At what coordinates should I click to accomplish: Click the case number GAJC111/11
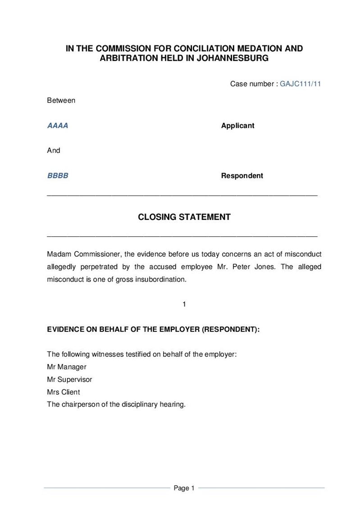coord(300,84)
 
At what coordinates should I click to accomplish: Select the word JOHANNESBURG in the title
coord(232,58)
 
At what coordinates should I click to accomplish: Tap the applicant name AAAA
coord(58,126)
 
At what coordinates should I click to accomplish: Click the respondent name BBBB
coord(58,176)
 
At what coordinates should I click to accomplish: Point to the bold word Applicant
coord(237,126)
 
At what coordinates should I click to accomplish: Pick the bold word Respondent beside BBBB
coord(242,176)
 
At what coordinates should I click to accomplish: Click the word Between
coord(61,100)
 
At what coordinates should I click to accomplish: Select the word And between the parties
coord(54,150)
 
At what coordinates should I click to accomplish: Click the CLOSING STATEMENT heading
coord(184,217)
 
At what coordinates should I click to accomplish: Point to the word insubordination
coord(163,279)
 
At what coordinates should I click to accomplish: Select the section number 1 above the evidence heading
coord(184,304)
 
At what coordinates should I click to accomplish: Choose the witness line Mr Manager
coord(67,367)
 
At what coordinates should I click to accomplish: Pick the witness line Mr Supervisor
coord(69,379)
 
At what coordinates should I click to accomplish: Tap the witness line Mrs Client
coord(64,392)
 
